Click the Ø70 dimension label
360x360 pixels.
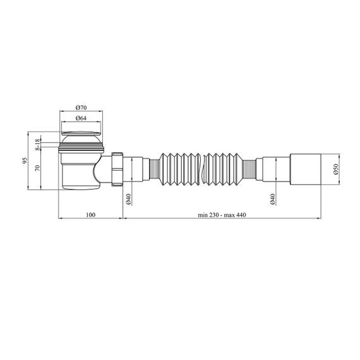coord(81,107)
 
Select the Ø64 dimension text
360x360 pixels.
coord(81,118)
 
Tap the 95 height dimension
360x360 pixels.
coord(25,160)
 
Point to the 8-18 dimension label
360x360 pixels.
coord(37,145)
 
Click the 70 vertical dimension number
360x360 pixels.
coord(38,168)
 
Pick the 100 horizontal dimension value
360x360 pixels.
coord(90,215)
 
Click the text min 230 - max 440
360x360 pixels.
coord(222,215)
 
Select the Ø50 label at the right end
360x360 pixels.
coord(336,169)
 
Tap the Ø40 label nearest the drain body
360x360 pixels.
coord(128,199)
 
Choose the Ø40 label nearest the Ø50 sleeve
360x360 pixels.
coord(272,199)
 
